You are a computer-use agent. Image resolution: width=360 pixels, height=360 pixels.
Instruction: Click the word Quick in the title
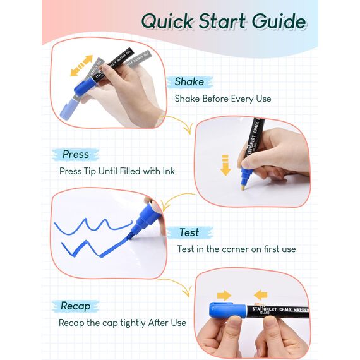tap(167, 21)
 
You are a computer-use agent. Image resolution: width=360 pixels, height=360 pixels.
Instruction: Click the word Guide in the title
tap(279, 21)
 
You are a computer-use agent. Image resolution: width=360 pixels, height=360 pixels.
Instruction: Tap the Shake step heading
tap(189, 81)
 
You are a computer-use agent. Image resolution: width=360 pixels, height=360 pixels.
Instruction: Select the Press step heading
tap(76, 154)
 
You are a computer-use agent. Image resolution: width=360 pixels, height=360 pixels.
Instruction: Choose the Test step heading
tap(189, 232)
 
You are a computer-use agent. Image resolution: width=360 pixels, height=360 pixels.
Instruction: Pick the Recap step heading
tap(76, 306)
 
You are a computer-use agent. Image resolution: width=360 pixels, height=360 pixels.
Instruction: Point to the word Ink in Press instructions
tap(169, 171)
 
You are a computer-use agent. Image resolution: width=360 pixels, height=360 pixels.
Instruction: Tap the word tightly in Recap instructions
tap(133, 323)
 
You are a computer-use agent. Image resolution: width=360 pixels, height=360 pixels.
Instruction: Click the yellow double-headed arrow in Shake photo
tap(81, 66)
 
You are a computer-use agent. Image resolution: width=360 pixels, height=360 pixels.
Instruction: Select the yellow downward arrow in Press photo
tap(225, 165)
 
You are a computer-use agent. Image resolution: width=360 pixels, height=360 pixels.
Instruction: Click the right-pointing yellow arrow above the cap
tap(224, 295)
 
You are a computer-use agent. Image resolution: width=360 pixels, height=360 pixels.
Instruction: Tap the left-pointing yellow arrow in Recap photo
tap(261, 295)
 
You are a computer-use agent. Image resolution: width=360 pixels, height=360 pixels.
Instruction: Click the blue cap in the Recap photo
tap(227, 310)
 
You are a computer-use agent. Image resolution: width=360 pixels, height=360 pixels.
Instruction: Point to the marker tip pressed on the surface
tap(243, 188)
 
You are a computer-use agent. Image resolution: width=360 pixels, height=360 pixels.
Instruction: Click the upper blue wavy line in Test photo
tap(93, 226)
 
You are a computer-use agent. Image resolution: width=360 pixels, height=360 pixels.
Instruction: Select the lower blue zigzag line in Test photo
tap(94, 248)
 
